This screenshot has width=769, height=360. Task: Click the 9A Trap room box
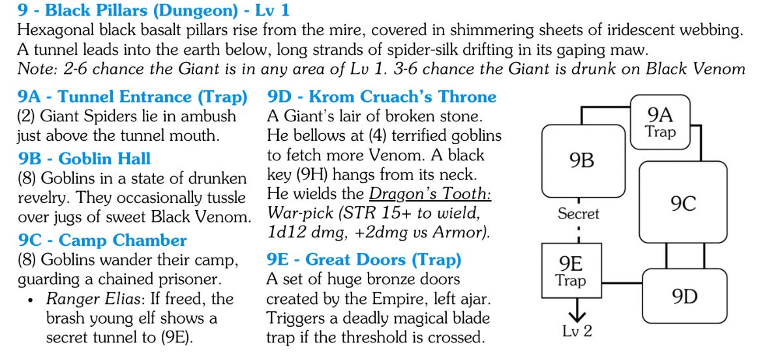pos(661,123)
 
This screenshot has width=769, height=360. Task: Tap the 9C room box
pos(683,203)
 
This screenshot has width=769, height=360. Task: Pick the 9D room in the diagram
pos(684,297)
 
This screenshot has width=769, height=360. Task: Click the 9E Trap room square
pos(571,271)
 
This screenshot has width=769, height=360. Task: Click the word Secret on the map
pos(578,213)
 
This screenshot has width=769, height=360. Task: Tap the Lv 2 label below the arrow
pos(577,331)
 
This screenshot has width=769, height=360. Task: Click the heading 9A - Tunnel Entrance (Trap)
pos(132,97)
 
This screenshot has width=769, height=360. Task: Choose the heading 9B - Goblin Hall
pos(84,158)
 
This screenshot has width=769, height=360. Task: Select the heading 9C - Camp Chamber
pos(102,240)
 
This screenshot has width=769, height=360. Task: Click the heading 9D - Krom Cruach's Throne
pos(382,97)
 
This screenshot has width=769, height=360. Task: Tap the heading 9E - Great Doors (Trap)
pos(363,260)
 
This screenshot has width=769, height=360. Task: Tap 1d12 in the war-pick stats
pos(286,233)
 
